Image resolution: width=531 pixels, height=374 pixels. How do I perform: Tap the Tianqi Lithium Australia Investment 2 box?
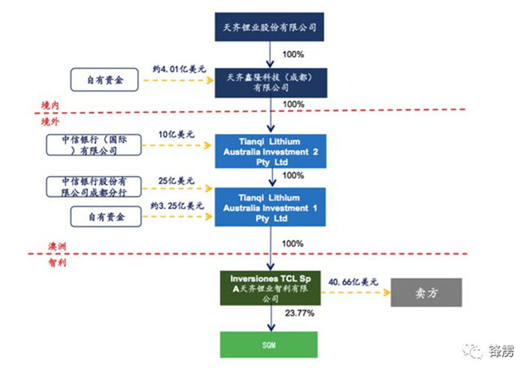[270, 152]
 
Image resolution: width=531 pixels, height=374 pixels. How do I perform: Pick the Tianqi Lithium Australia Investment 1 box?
[270, 208]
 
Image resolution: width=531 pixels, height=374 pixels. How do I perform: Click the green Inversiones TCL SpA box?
[270, 288]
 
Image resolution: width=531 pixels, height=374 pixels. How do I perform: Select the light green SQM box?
[268, 344]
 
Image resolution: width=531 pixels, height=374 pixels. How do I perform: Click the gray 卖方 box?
[426, 292]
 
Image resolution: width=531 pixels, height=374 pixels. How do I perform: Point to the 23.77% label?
[299, 313]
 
